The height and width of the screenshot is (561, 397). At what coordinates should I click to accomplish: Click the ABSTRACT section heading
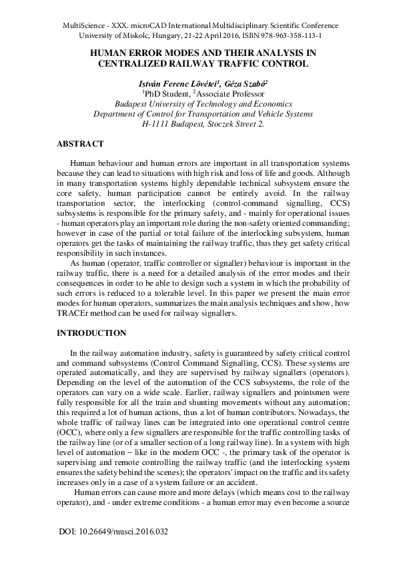coord(80,143)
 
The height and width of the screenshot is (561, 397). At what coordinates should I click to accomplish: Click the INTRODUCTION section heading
coord(91,332)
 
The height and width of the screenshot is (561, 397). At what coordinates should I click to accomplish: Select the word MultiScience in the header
coord(83,25)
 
